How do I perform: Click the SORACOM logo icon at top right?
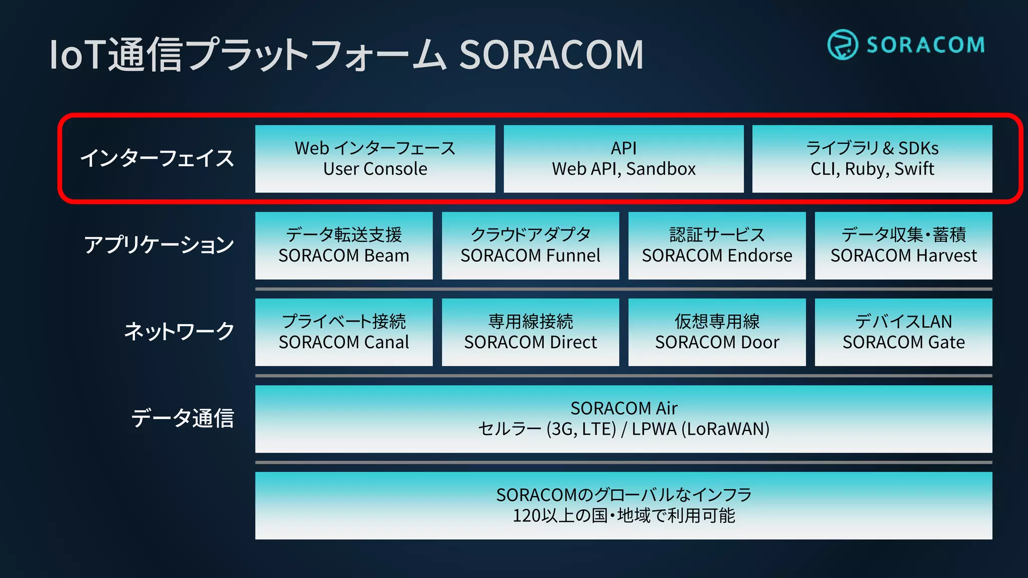click(842, 45)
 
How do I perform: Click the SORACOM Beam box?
click(344, 245)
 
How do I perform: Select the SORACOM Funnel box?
click(530, 245)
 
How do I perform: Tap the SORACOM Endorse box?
click(717, 245)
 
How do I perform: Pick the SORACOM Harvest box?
click(903, 245)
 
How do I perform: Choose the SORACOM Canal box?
click(344, 332)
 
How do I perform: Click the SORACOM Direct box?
click(530, 332)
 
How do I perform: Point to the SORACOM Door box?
click(717, 332)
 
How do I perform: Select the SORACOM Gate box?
click(903, 332)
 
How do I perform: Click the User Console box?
click(375, 159)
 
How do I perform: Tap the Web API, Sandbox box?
click(623, 159)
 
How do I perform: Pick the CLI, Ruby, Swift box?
click(872, 159)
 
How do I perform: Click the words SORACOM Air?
click(623, 408)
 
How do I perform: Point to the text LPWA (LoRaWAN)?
click(700, 429)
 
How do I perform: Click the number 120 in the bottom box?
click(527, 516)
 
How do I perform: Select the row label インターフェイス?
click(157, 158)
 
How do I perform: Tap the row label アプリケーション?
click(159, 245)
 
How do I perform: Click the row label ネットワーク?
click(179, 332)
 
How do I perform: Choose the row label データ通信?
click(182, 418)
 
